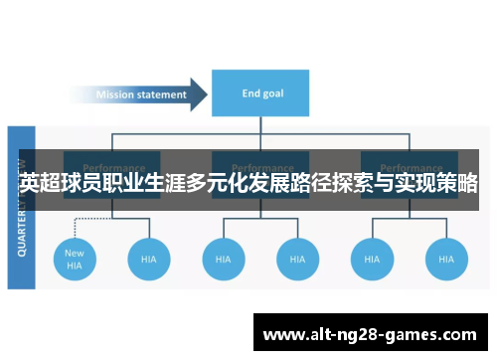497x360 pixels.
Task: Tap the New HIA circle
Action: tap(75, 259)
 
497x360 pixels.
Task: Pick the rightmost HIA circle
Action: tap(446, 259)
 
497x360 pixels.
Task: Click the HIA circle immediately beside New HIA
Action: tap(149, 259)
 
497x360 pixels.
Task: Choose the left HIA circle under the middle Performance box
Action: tap(223, 259)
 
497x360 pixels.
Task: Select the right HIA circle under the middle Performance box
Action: tap(297, 259)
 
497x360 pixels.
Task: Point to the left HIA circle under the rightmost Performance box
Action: tap(372, 259)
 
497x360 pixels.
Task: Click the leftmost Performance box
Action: tap(111, 166)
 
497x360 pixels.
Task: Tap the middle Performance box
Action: tap(260, 166)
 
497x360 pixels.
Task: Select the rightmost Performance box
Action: tap(409, 166)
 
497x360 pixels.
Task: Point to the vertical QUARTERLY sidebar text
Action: tap(22, 209)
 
